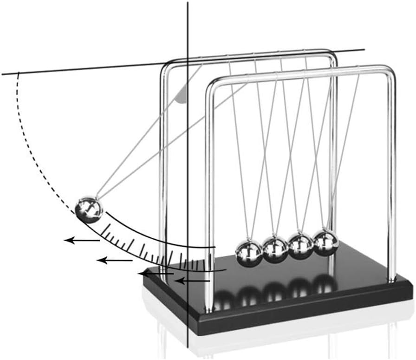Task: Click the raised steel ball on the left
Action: [x=89, y=210]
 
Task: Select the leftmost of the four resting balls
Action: [x=248, y=252]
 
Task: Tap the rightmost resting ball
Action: [x=326, y=242]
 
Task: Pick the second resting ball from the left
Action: [x=275, y=249]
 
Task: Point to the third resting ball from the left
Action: [x=301, y=245]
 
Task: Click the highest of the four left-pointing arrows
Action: [x=81, y=240]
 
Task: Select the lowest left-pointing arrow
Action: [x=194, y=281]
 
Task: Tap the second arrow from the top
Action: [x=114, y=260]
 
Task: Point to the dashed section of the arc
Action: [x=35, y=149]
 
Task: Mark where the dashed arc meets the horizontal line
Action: [x=18, y=72]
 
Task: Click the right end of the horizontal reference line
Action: [x=364, y=49]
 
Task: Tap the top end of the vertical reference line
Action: [x=188, y=2]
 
